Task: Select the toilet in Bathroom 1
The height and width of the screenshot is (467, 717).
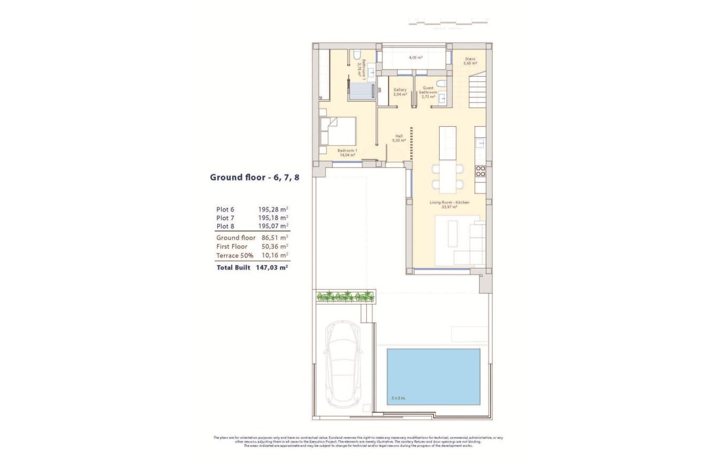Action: tap(354, 54)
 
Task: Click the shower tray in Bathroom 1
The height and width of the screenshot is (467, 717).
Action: tap(361, 90)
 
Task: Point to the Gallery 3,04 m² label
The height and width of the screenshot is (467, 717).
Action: tap(400, 92)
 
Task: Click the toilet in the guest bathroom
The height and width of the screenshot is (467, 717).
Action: tap(441, 84)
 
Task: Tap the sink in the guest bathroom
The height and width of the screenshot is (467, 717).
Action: tap(442, 98)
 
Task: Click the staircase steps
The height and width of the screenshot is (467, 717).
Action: tap(476, 92)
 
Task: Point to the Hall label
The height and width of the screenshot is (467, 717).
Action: tap(399, 138)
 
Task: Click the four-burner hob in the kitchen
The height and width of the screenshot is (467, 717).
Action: tap(480, 171)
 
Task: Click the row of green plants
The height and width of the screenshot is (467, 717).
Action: tap(345, 296)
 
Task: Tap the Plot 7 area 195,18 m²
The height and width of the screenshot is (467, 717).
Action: tap(273, 217)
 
